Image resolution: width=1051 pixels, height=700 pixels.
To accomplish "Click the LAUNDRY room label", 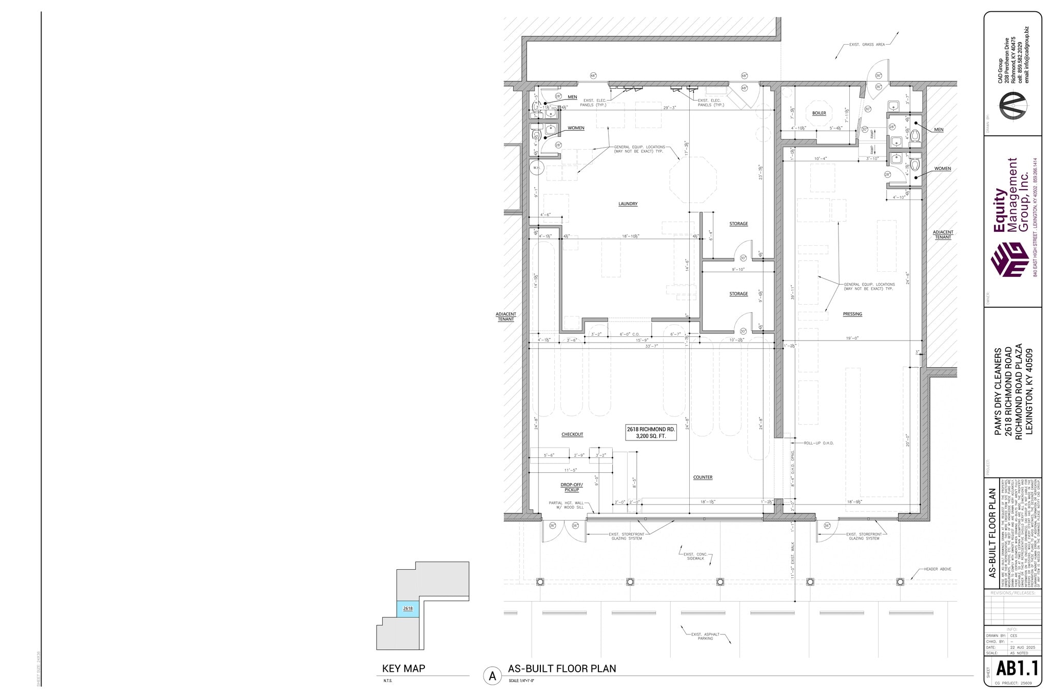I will [628, 204].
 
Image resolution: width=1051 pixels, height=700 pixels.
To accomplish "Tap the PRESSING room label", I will [852, 314].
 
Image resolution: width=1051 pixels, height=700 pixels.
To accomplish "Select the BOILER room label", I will [819, 113].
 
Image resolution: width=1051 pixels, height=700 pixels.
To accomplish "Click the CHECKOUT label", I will [572, 434].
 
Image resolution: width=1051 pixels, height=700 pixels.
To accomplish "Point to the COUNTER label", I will [703, 477].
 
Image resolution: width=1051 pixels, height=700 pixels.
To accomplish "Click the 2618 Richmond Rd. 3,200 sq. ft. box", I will [650, 432].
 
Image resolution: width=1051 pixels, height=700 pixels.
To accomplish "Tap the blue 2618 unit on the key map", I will [408, 609].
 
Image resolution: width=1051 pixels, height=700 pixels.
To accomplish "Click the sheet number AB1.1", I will [1017, 669].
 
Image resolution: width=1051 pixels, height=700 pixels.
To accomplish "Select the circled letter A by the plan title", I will [492, 676].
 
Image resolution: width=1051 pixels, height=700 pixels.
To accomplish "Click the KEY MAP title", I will [403, 669].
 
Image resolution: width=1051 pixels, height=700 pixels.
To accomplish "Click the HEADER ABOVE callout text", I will [938, 569].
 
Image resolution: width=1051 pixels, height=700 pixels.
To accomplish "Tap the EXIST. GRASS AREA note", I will [867, 45].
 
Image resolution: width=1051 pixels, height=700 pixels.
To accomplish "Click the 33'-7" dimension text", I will [652, 346].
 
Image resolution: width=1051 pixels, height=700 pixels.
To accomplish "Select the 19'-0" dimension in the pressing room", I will [852, 338].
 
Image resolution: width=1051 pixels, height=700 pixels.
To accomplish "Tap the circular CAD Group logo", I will [1012, 105].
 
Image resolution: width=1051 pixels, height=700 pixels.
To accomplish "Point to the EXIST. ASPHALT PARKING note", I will [705, 636].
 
